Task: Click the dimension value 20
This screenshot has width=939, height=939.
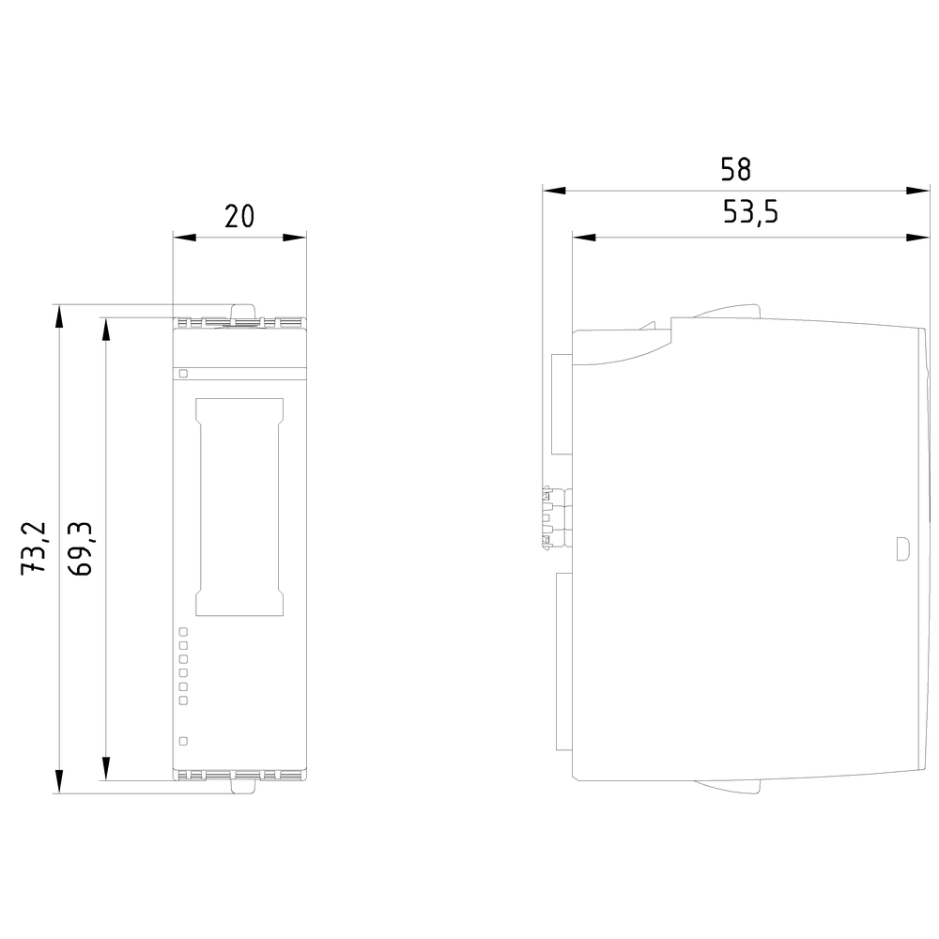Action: (x=240, y=216)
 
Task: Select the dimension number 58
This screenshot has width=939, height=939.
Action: (x=736, y=169)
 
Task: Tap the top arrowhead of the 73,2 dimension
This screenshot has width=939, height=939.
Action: (x=59, y=316)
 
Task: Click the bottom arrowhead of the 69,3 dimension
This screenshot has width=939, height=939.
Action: (x=106, y=769)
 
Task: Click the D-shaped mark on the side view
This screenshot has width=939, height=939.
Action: (x=902, y=548)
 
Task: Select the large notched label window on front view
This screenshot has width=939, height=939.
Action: (x=239, y=507)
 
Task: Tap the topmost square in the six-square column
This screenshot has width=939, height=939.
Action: (x=184, y=632)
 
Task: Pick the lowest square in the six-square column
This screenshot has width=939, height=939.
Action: (x=184, y=700)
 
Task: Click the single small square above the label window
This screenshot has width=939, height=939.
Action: (x=184, y=373)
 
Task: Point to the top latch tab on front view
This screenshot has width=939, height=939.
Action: (x=244, y=311)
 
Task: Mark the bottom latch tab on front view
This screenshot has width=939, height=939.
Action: (x=244, y=788)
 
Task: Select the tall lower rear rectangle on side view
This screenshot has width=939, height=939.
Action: (x=564, y=661)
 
